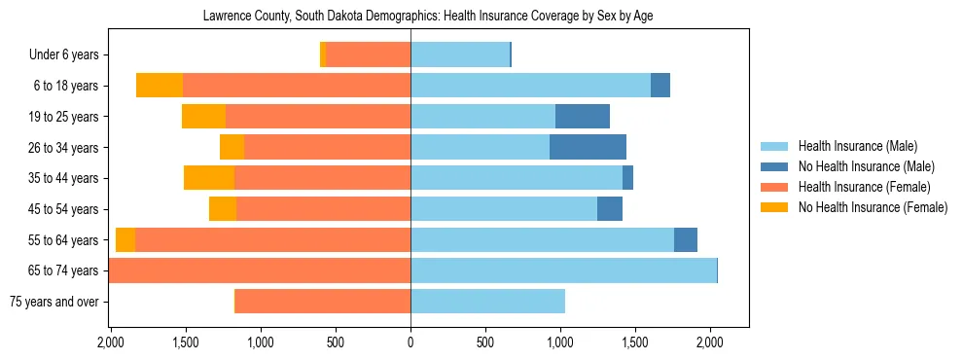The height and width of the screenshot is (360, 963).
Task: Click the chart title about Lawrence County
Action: [435, 17]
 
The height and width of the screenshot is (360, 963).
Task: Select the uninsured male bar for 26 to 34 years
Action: [588, 147]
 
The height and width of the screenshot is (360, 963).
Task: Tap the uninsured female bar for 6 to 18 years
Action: [160, 86]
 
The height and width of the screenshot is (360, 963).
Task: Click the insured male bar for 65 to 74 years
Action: [563, 270]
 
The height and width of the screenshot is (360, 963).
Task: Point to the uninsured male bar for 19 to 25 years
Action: [582, 117]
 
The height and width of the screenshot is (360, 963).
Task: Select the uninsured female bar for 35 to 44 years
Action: [209, 178]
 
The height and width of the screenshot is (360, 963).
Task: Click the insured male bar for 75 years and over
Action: [487, 302]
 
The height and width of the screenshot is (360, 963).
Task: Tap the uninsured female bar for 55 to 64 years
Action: [125, 239]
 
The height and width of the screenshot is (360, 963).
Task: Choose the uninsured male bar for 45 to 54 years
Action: [610, 209]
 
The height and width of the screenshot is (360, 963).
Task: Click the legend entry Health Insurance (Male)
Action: [857, 146]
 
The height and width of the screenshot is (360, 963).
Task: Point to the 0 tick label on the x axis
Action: [410, 342]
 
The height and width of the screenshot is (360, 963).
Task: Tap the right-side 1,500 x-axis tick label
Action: [634, 342]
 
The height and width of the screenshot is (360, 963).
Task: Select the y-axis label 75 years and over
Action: [53, 302]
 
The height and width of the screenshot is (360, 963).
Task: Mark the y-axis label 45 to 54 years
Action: [65, 209]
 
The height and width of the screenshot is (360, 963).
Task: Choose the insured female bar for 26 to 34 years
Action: [327, 147]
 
